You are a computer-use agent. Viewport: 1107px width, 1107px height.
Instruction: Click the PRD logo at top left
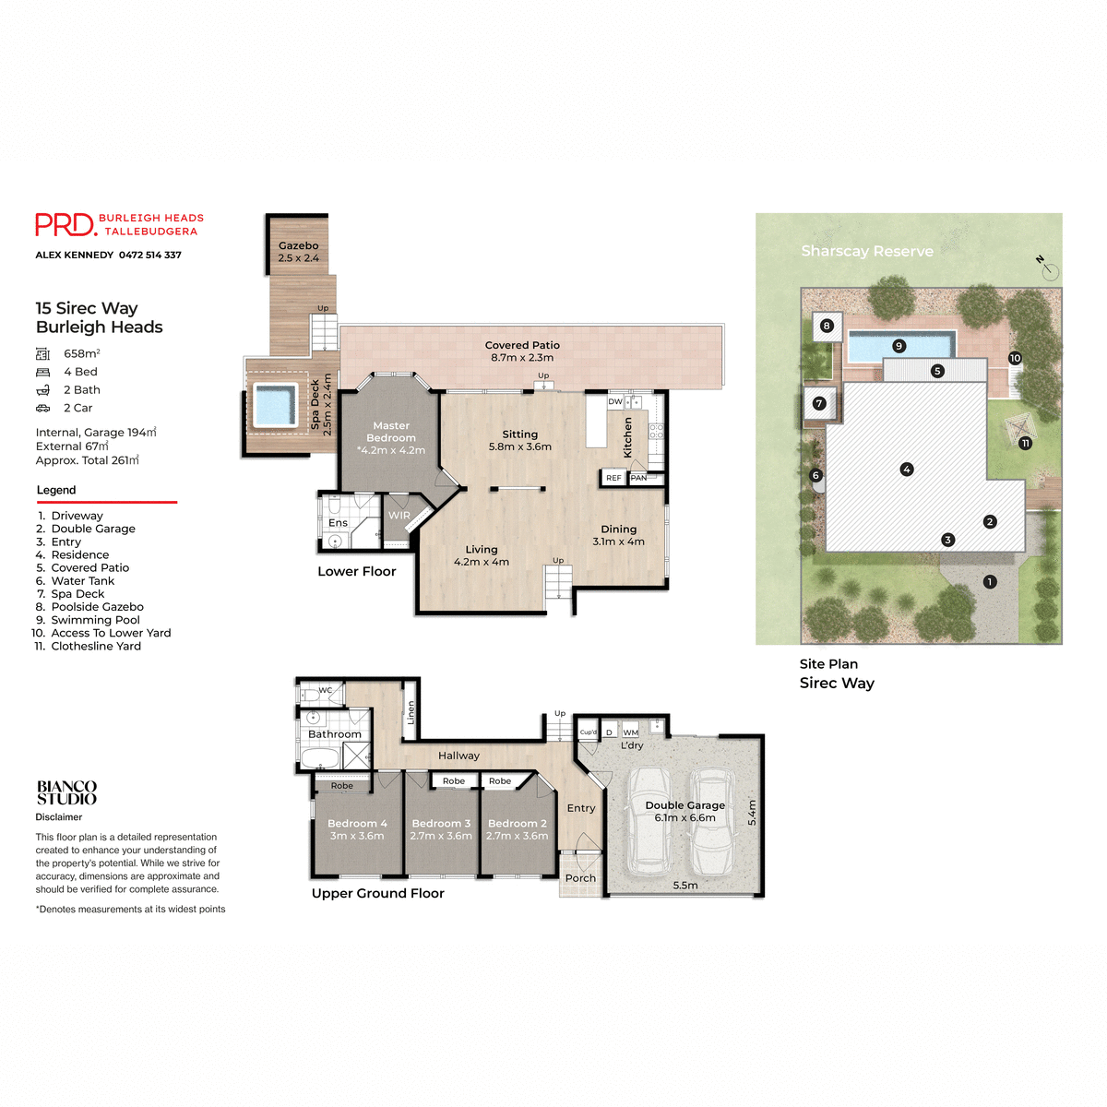(x=65, y=224)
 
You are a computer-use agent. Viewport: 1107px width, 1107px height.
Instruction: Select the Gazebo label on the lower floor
(x=298, y=245)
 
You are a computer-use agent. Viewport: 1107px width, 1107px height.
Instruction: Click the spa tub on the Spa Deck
(x=275, y=405)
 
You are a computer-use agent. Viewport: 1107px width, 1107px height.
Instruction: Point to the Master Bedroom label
(x=391, y=432)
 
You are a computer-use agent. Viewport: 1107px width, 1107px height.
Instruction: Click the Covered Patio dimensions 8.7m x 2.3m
(x=522, y=357)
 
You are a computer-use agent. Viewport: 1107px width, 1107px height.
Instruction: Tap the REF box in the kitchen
(x=613, y=478)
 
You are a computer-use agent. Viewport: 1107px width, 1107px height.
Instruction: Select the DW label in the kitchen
(x=615, y=402)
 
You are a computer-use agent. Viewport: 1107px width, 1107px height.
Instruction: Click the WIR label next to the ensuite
(x=399, y=516)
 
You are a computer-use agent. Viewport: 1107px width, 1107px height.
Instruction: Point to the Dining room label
(x=619, y=530)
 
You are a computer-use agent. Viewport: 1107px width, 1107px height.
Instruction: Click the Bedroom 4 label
(x=357, y=823)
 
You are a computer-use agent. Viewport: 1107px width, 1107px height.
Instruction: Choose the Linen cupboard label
(x=411, y=711)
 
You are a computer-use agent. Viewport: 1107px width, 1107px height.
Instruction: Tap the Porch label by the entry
(x=580, y=878)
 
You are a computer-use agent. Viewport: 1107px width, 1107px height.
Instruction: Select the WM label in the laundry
(x=631, y=732)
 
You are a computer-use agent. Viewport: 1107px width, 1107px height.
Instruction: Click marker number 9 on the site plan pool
(x=899, y=346)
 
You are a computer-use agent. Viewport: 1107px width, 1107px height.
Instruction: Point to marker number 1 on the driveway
(x=990, y=582)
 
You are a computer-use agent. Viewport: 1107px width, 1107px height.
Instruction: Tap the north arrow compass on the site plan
(x=1048, y=269)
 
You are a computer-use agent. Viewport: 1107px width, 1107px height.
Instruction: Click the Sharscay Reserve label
(x=867, y=251)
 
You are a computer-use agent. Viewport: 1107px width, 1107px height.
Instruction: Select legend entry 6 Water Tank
(x=76, y=581)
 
